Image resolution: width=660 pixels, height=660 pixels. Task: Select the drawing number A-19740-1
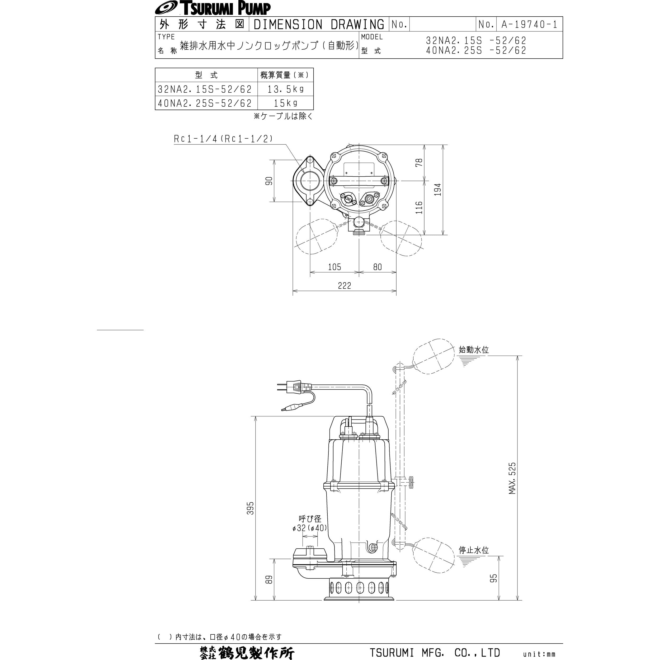(x=529, y=24)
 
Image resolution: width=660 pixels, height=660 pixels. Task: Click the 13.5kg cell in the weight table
(x=285, y=89)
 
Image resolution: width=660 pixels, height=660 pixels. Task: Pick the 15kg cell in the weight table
(x=285, y=103)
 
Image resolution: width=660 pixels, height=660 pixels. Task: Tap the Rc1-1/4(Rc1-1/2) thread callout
(x=223, y=139)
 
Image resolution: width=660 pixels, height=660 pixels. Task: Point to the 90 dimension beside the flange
(x=269, y=181)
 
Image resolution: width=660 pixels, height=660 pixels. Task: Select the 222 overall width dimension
(x=344, y=286)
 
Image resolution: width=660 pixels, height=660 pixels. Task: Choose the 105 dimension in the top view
(x=334, y=267)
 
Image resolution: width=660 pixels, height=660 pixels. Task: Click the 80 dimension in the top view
(x=377, y=267)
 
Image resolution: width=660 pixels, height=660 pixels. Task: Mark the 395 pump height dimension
(x=251, y=508)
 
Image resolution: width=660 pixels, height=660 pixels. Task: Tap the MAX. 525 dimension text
(x=512, y=478)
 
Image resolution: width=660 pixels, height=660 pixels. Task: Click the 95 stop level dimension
(x=494, y=578)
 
